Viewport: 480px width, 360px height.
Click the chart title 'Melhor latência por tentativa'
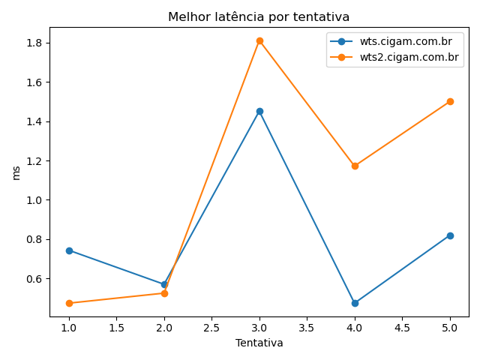259,16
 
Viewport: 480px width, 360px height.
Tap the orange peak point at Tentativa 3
259,40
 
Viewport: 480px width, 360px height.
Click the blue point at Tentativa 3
259,111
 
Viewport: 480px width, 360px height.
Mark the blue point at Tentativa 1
69,250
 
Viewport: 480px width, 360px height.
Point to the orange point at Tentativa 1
69,303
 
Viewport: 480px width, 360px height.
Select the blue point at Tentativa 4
355,303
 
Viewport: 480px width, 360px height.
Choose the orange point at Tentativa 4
355,166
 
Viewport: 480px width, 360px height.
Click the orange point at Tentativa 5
450,101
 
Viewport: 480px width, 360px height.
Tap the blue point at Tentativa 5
450,235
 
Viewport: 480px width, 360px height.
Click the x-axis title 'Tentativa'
259,343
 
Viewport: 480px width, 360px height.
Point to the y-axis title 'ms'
16,172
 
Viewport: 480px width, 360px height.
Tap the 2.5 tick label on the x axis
211,328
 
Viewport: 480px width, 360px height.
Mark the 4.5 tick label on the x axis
402,328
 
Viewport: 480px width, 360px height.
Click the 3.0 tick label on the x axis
259,328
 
